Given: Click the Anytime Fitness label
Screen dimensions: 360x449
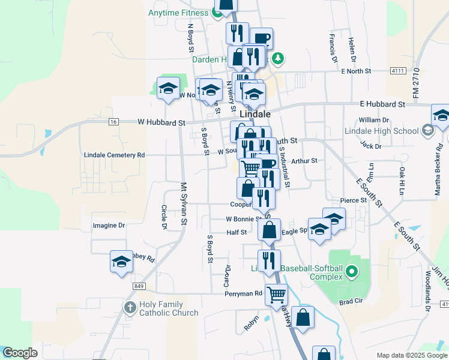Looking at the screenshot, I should (178, 12).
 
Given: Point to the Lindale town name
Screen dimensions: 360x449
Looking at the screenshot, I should (255, 113).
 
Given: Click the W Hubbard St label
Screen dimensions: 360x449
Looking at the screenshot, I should (161, 122).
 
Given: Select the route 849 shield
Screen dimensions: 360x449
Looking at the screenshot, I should (139, 287).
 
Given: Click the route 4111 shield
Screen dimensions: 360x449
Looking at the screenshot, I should (396, 71).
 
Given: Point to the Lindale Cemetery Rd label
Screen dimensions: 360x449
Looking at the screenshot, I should (114, 155).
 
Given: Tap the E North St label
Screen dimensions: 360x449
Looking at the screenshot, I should (356, 71).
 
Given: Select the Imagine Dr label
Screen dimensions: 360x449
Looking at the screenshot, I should (109, 226).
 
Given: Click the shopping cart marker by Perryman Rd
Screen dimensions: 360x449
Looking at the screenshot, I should (276, 294).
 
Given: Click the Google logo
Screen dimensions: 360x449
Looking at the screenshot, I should (20, 353).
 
